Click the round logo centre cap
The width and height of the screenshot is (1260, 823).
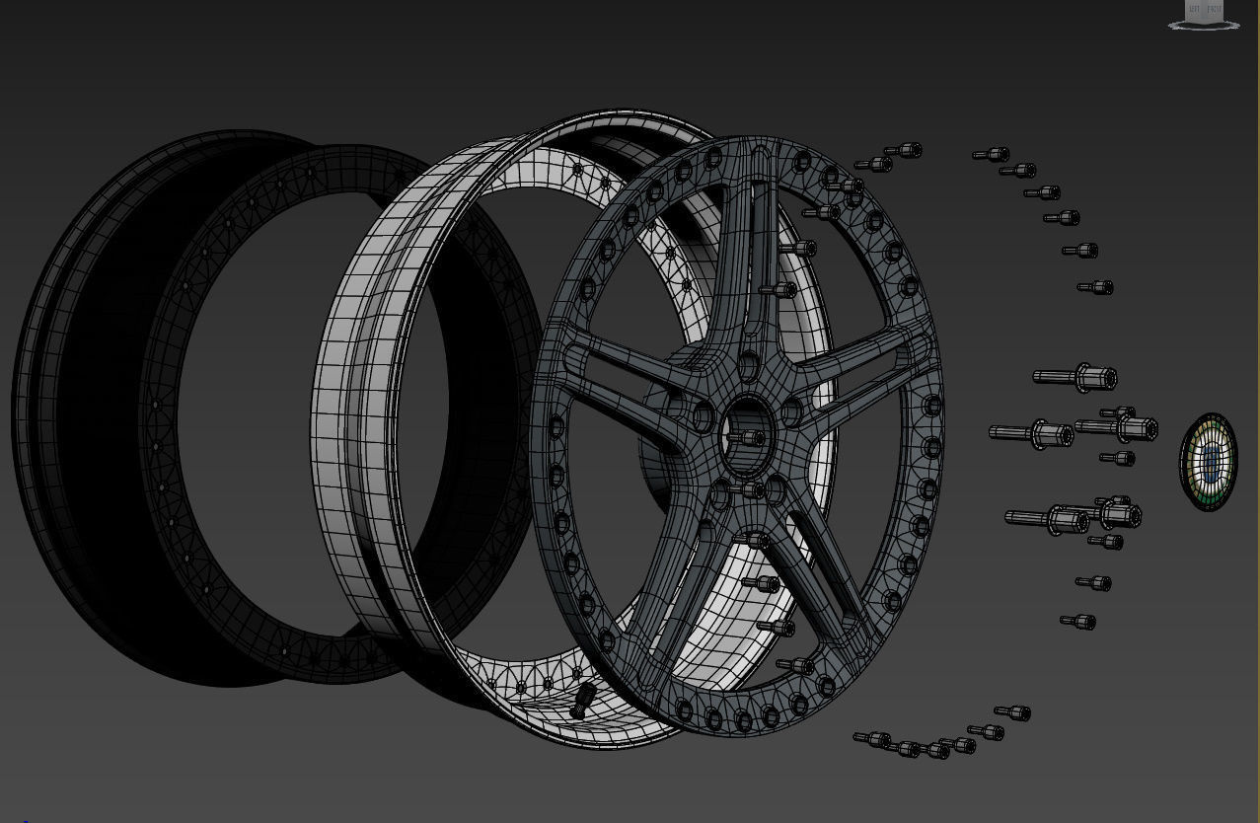pos(1208,462)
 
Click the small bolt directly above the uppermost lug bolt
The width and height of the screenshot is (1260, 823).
pos(1095,287)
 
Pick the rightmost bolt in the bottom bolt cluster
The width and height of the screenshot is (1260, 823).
pos(1013,712)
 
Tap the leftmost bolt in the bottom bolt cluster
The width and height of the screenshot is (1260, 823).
pos(872,739)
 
